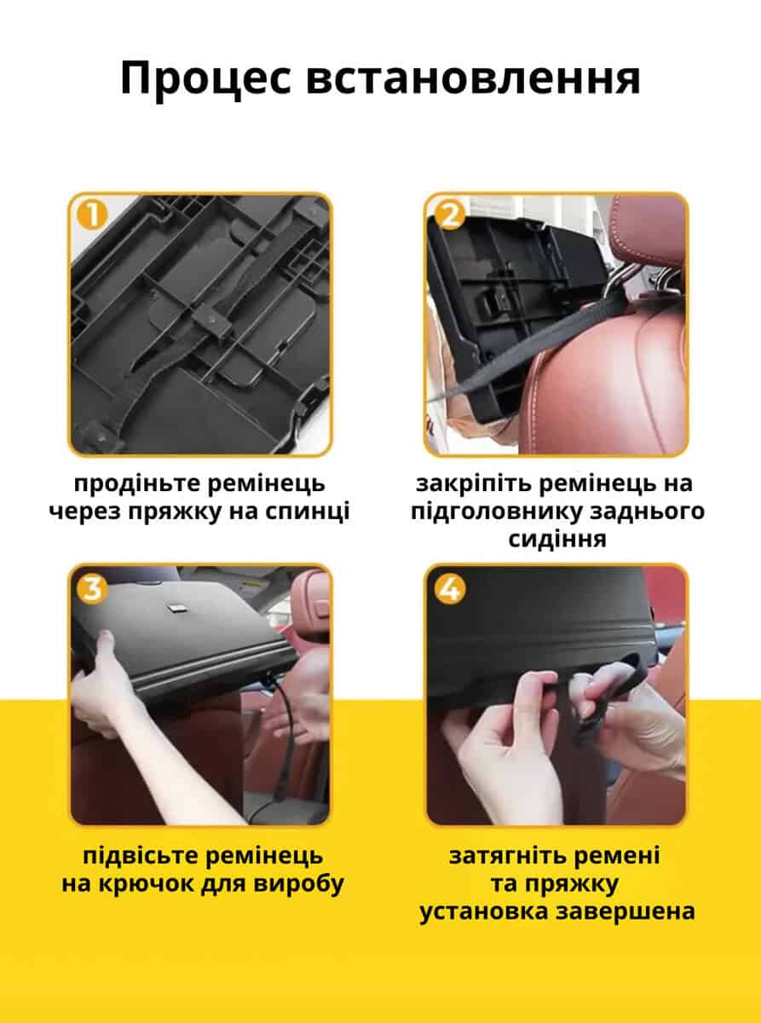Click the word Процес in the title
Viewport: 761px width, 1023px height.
[x=205, y=79]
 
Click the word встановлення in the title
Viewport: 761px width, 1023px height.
[x=474, y=79]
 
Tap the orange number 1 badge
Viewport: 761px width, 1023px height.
[x=92, y=216]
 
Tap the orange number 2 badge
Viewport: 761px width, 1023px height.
[x=450, y=216]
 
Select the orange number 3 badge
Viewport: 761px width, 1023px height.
[x=92, y=589]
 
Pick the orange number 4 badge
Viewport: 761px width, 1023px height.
[x=450, y=589]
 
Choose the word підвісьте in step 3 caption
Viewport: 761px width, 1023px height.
[x=141, y=858]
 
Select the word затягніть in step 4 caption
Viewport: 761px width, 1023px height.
[x=507, y=858]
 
